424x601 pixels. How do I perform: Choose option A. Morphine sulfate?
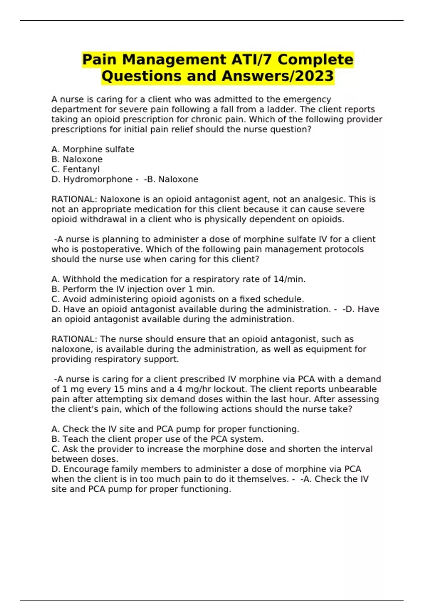point(93,149)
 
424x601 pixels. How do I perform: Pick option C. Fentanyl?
point(76,169)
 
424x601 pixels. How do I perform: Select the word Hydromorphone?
point(98,179)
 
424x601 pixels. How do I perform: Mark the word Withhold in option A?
point(81,279)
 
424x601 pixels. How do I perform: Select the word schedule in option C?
point(285,299)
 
